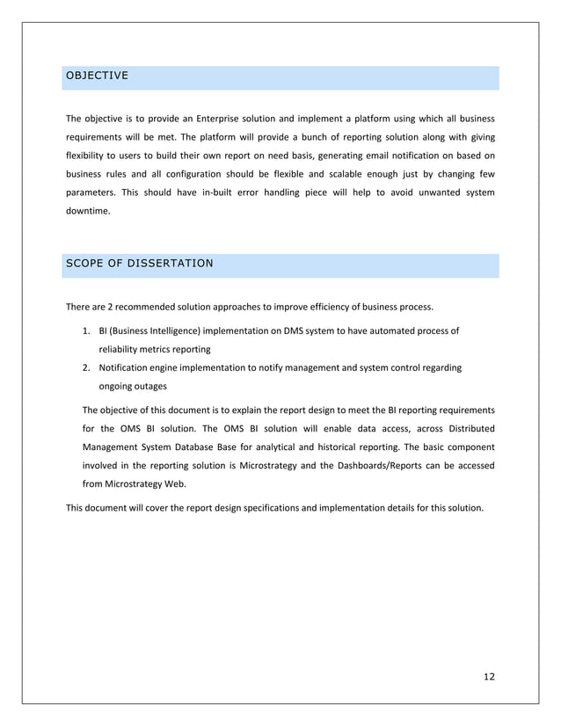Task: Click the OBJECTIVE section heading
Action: coord(97,77)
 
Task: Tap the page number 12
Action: coord(489,676)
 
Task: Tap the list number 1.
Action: coord(86,330)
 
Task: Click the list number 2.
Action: coord(86,367)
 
